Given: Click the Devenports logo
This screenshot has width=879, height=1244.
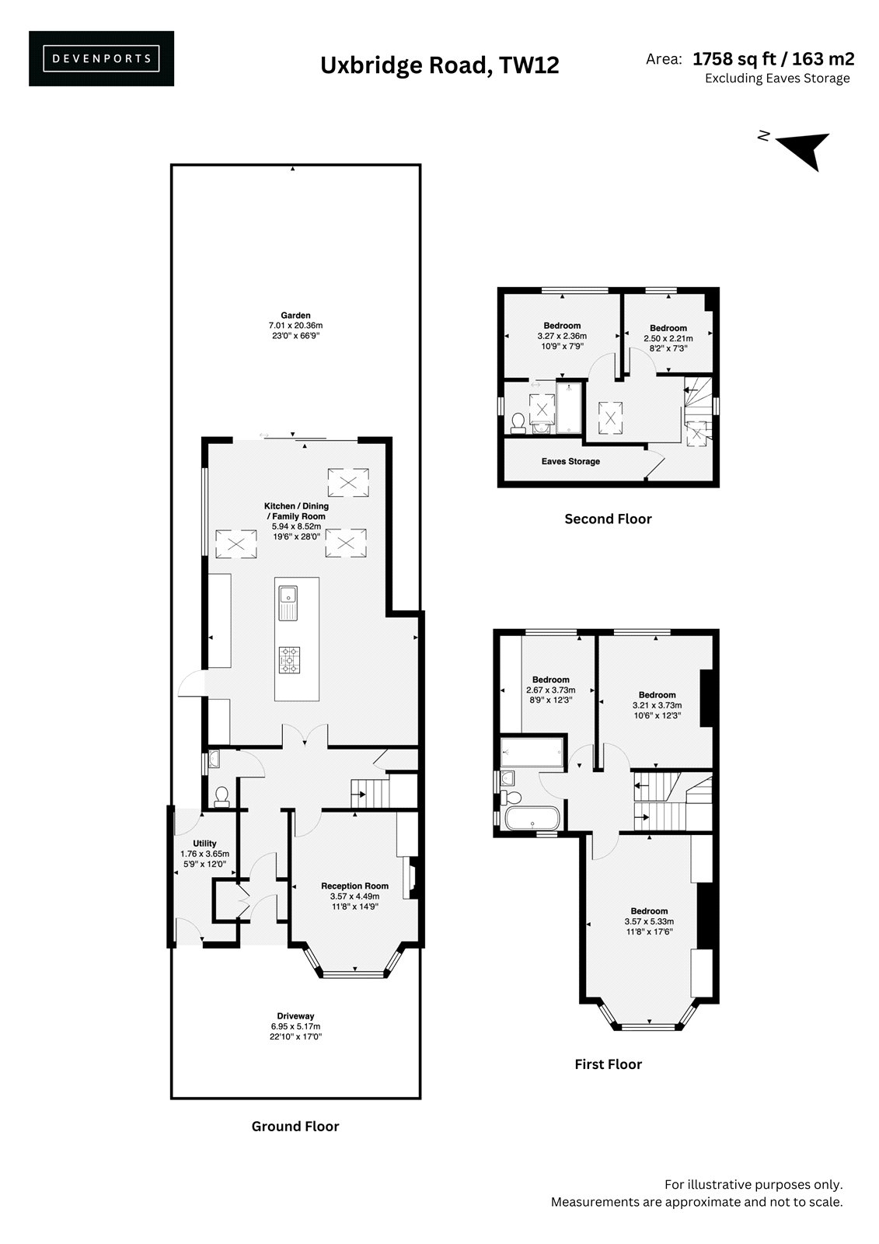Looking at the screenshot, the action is click(x=101, y=58).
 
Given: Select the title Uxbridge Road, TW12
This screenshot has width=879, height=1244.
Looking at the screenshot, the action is click(x=439, y=65).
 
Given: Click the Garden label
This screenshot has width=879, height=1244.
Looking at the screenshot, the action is click(x=295, y=316).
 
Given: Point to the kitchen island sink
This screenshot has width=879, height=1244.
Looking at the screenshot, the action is click(x=288, y=603).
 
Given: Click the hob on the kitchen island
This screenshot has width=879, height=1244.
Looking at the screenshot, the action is click(x=289, y=660).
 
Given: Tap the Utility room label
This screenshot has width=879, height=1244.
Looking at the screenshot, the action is click(x=204, y=843).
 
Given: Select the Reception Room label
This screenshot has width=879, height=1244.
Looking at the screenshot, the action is click(x=355, y=886).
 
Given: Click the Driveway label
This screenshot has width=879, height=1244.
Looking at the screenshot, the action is click(x=295, y=1016).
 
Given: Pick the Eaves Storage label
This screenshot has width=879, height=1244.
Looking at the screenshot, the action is click(x=570, y=461).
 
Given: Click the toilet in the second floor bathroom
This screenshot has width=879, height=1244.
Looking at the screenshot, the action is click(x=518, y=422).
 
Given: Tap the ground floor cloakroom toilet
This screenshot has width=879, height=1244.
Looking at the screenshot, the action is click(x=221, y=796).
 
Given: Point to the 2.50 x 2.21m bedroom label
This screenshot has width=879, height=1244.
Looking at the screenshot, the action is click(x=668, y=338).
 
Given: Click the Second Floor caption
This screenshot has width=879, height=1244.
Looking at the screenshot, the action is click(x=608, y=519).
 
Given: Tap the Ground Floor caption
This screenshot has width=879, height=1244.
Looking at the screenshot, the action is click(x=295, y=1127).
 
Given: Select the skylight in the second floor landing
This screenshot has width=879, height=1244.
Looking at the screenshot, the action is click(x=610, y=417).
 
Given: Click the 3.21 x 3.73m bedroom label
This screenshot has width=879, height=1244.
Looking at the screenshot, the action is click(x=657, y=704).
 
